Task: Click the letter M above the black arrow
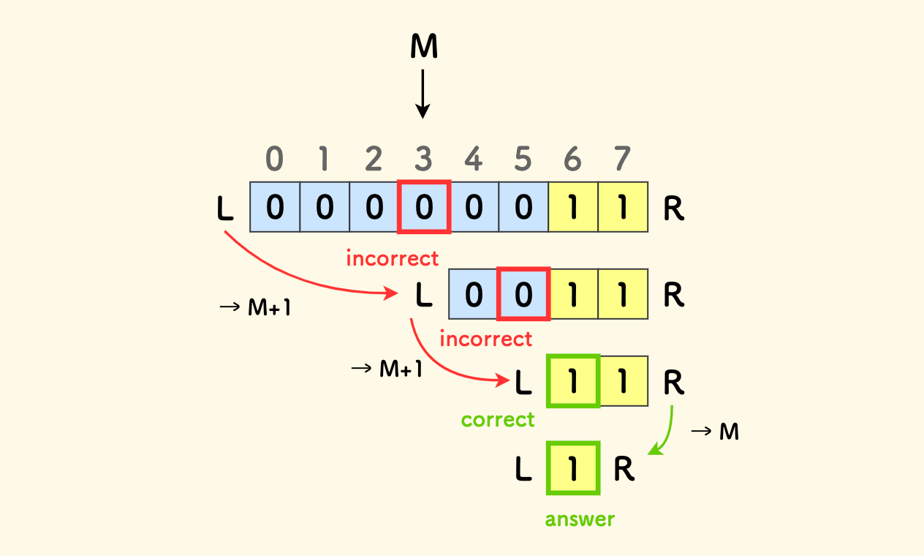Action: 424,47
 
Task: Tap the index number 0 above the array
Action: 274,158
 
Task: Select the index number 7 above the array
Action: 623,158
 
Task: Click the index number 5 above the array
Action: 523,158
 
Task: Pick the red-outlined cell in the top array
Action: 424,208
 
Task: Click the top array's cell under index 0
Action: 275,208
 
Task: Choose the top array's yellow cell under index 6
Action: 573,208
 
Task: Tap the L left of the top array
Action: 225,210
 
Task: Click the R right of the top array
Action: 673,210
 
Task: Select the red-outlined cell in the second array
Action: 523,294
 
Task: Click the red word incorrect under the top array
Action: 392,258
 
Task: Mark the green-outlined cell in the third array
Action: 573,381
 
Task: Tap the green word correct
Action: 498,420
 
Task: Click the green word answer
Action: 580,519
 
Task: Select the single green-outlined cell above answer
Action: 573,468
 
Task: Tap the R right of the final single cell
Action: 624,470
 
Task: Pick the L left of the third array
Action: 523,383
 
